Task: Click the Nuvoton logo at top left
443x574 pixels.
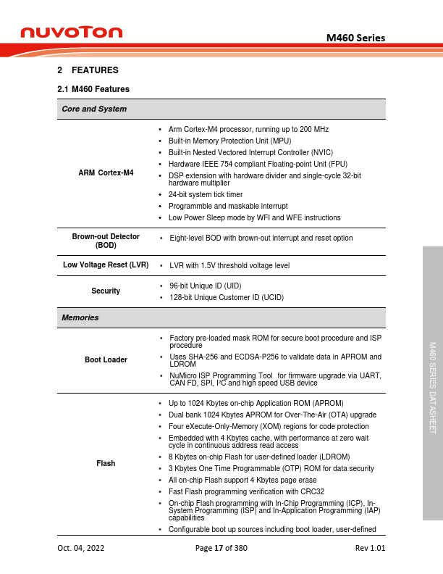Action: [72, 32]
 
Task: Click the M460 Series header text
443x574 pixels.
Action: [355, 38]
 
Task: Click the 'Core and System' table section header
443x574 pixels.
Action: [94, 109]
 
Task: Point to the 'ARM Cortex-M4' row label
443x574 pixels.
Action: [106, 172]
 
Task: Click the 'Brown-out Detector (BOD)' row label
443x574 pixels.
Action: [106, 241]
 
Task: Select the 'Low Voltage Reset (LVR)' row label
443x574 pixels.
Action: [106, 265]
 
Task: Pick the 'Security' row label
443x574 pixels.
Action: [106, 291]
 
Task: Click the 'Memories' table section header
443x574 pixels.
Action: [80, 317]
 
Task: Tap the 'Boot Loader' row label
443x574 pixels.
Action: [106, 359]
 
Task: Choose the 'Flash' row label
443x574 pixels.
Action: [106, 463]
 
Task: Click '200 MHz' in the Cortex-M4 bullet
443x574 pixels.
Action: [315, 129]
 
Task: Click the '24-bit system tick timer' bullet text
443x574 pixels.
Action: [206, 195]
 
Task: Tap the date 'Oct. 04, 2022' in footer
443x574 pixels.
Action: [81, 548]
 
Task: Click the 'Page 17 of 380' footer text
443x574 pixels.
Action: [221, 548]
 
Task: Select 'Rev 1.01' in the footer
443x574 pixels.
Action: [370, 548]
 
